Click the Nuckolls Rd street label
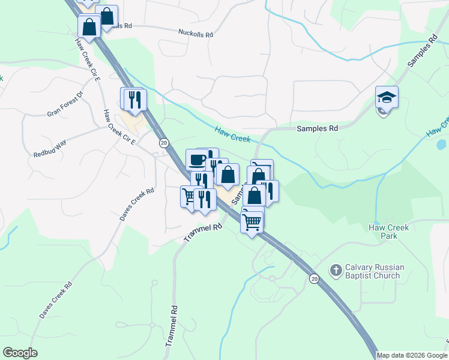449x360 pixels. click(x=196, y=34)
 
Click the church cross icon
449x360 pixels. click(x=336, y=271)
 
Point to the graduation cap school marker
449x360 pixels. click(x=387, y=97)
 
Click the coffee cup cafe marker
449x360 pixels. click(x=197, y=160)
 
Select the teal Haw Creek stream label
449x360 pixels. click(x=232, y=134)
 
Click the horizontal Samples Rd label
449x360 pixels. click(x=318, y=128)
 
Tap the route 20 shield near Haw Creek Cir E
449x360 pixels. click(x=163, y=143)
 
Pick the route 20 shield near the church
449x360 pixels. click(x=313, y=278)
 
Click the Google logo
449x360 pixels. click(x=20, y=353)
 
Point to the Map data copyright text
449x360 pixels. click(x=412, y=355)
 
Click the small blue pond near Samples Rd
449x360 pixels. click(x=442, y=145)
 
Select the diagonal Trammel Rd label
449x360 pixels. click(x=203, y=233)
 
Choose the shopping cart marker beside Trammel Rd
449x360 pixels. click(x=190, y=196)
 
